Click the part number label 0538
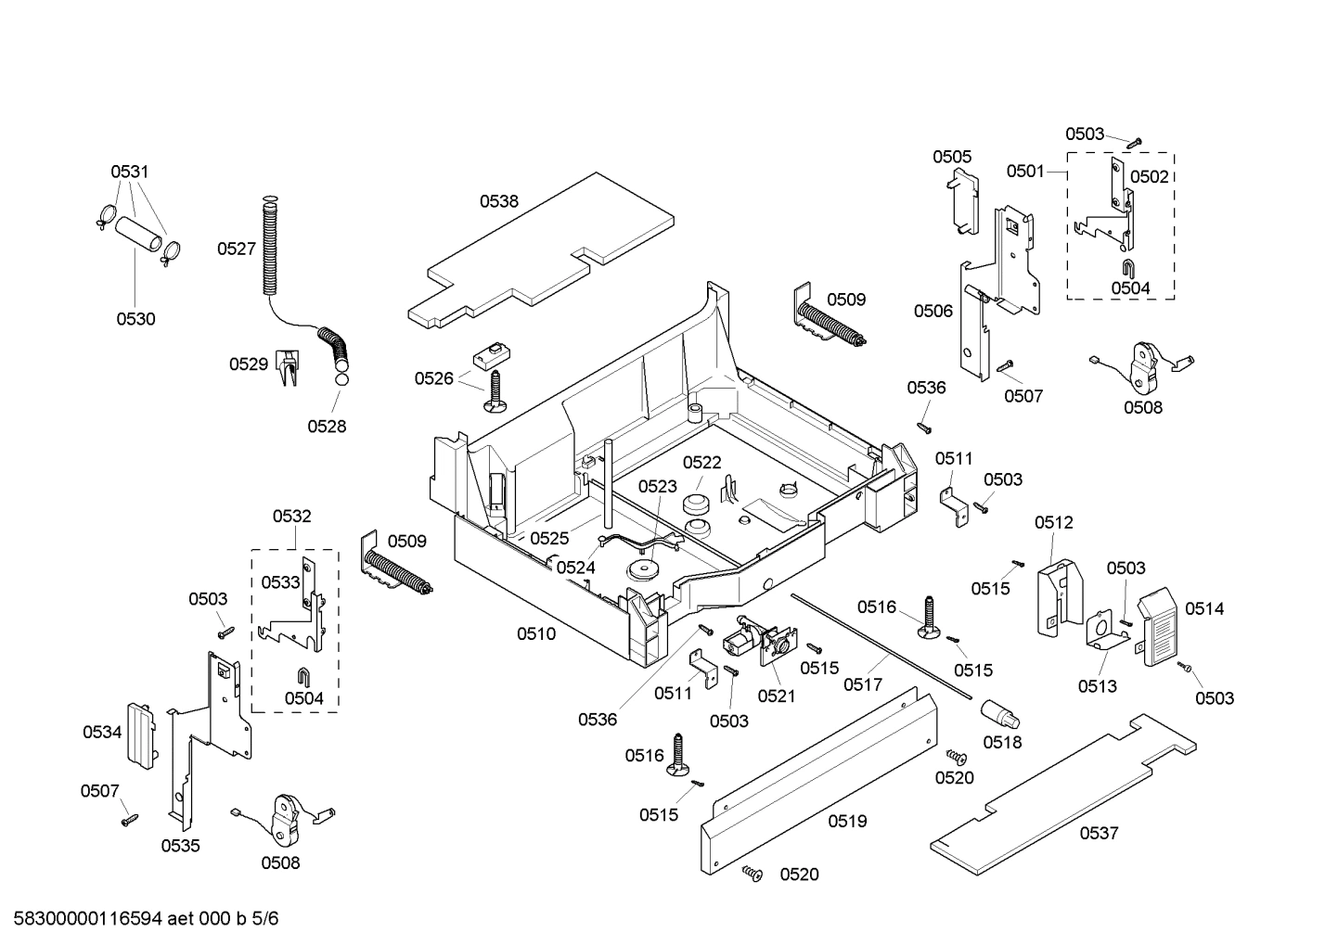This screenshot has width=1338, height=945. tap(498, 201)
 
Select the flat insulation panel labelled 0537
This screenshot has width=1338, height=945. tap(1058, 797)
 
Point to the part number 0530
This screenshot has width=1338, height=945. tap(135, 319)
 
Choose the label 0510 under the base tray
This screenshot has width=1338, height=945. tap(536, 634)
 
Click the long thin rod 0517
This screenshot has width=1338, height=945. tap(881, 645)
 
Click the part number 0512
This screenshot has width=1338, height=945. tap(1053, 523)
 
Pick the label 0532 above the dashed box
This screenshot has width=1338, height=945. tap(291, 517)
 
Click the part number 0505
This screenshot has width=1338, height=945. tap(952, 157)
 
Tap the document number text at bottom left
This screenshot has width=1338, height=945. tap(140, 919)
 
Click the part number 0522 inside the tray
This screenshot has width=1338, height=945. tap(701, 463)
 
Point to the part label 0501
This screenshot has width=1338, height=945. tap(1025, 172)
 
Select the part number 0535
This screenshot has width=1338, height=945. tap(180, 846)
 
